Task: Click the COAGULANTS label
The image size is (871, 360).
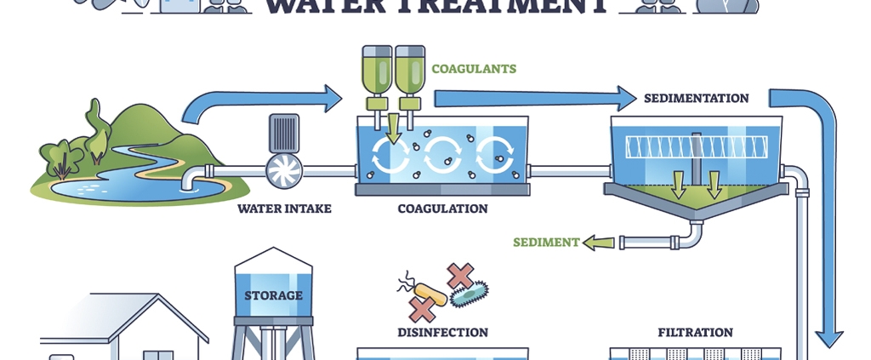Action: click(474, 69)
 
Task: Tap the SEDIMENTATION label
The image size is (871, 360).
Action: click(696, 98)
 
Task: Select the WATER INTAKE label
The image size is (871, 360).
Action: click(284, 208)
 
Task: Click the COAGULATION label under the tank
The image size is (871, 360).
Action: click(442, 209)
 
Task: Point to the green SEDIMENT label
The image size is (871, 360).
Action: click(545, 243)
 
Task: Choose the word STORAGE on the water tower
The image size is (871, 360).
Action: click(273, 295)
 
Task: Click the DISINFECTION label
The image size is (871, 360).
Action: click(442, 332)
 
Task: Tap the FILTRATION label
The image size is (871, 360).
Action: click(695, 332)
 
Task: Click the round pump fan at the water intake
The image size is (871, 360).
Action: click(284, 171)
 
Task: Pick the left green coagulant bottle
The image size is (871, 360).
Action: click(374, 71)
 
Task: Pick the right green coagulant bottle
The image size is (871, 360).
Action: click(409, 71)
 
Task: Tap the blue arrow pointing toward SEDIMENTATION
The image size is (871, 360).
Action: click(536, 97)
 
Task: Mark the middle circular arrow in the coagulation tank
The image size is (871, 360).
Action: click(442, 156)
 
